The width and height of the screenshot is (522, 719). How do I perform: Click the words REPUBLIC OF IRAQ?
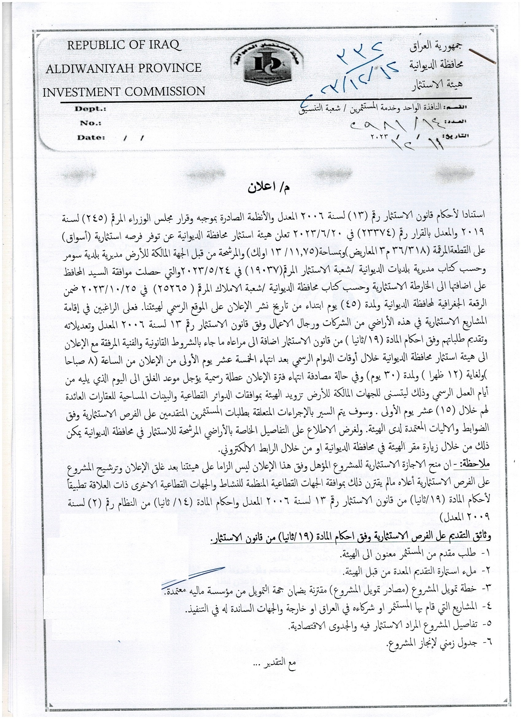point(124,45)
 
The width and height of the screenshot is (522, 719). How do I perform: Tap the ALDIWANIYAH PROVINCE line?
point(123,68)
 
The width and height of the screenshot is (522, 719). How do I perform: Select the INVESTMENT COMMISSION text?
point(124,92)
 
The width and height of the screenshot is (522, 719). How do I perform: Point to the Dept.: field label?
point(90,109)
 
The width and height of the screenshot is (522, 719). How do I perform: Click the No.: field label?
point(90,123)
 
